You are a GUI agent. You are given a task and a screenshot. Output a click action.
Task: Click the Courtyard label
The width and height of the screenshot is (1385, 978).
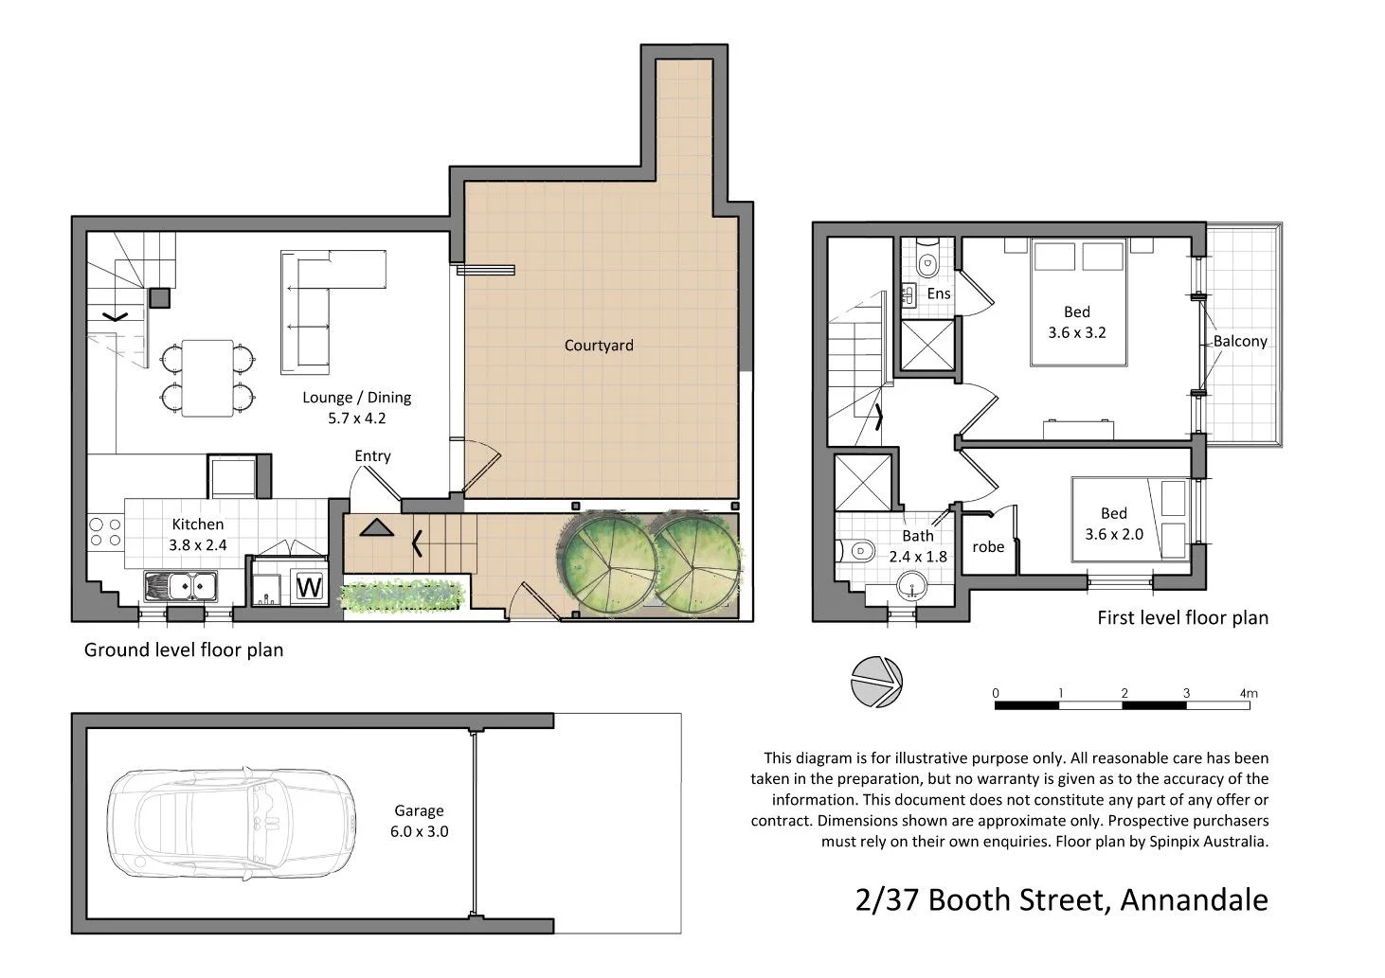[599, 346]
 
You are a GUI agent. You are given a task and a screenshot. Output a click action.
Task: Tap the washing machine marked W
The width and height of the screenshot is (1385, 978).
[309, 586]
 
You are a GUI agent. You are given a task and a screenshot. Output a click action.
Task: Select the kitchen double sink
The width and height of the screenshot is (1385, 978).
[180, 586]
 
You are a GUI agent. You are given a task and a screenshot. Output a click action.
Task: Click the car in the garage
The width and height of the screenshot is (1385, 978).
[231, 821]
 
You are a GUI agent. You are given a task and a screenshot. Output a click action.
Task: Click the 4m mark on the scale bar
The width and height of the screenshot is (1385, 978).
[1249, 694]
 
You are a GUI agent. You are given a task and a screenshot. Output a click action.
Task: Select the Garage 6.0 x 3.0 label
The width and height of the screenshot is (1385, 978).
[419, 821]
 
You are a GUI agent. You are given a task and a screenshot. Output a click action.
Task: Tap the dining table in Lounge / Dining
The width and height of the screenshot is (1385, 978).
[207, 378]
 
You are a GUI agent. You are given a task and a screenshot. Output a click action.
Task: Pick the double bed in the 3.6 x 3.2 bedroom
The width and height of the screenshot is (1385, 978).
[1078, 303]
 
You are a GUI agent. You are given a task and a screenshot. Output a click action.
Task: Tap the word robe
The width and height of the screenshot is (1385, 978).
[988, 546]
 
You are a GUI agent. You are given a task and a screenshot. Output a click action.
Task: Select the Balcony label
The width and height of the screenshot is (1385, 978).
[1240, 342]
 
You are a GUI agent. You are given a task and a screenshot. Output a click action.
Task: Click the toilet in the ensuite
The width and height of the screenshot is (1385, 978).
[927, 260]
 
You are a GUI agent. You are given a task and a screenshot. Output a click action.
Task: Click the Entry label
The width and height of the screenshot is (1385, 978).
[372, 456]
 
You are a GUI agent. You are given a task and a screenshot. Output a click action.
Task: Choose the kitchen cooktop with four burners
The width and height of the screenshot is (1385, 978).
[105, 532]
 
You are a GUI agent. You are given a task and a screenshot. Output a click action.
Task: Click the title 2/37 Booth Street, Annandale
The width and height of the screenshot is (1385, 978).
[1061, 899]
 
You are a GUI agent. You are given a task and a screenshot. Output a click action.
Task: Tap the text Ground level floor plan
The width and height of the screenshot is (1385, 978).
[184, 649]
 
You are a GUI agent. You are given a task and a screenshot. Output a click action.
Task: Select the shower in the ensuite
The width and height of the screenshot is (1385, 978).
[926, 345]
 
